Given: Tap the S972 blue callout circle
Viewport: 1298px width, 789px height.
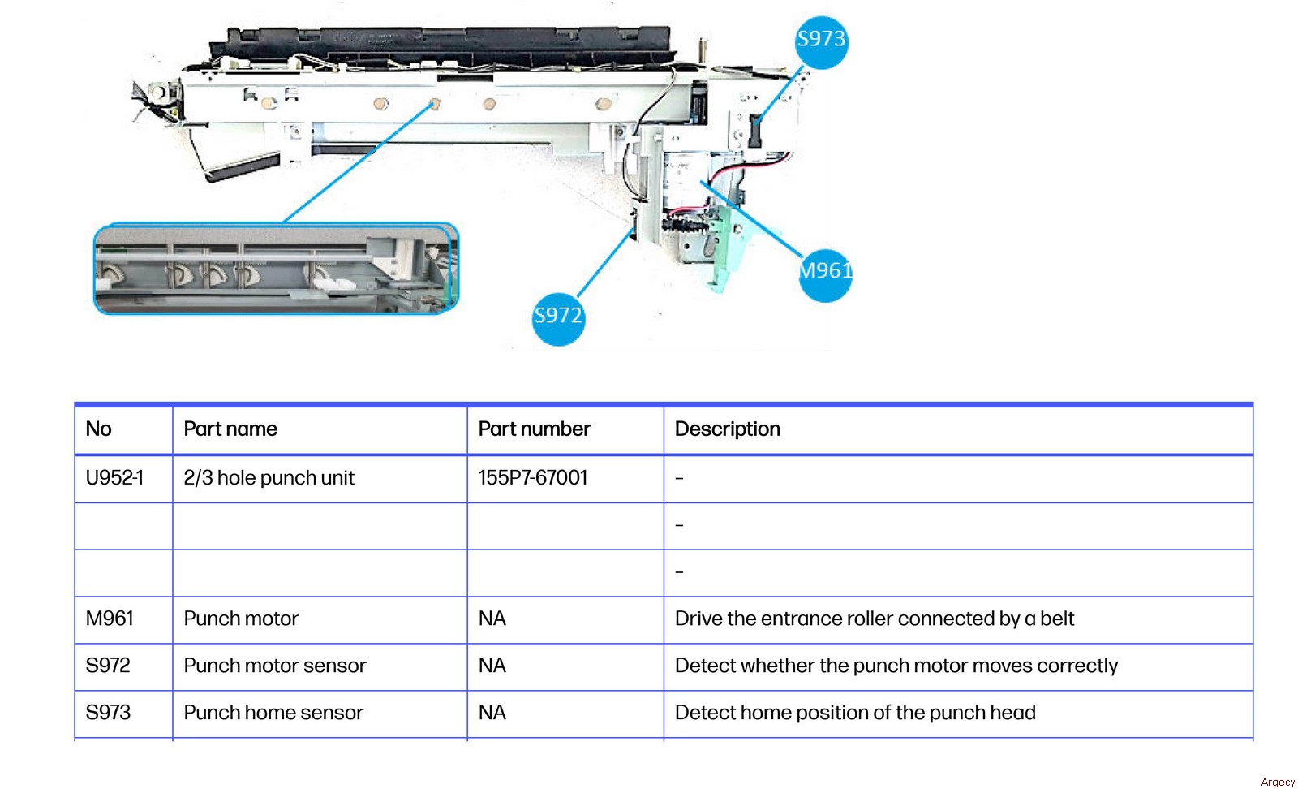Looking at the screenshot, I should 558,318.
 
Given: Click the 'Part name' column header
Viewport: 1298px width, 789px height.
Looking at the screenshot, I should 230,429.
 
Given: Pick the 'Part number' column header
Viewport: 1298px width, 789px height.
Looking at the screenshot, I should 534,429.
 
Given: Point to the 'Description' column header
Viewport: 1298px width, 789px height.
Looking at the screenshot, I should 727,429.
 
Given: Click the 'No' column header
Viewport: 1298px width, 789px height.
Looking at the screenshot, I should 99,429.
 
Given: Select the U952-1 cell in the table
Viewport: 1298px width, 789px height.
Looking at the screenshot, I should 114,478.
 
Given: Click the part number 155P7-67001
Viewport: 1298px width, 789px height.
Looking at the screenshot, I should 532,478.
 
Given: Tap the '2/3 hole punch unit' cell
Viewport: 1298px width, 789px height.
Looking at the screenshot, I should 269,478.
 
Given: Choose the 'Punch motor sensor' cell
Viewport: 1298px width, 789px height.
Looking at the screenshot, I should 275,666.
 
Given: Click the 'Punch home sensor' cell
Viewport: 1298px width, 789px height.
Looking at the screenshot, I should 273,714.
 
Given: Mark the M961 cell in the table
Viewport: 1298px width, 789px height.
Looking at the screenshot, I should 110,619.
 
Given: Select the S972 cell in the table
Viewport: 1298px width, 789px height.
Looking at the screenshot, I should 108,666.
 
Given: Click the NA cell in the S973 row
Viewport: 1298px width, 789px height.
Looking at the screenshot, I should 492,714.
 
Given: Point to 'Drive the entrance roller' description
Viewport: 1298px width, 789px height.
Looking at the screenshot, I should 874,619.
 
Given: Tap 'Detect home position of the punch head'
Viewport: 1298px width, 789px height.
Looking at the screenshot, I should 855,714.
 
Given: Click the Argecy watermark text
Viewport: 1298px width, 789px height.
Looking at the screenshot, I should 1278,783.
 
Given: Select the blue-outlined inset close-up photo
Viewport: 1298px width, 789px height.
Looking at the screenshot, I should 276,269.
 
